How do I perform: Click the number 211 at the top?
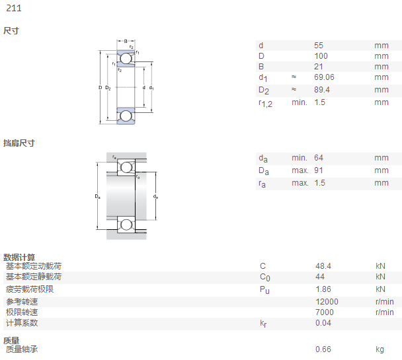14,8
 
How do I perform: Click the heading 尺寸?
11,31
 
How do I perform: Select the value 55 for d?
319,46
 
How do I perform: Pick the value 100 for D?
321,56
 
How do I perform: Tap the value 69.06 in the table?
325,77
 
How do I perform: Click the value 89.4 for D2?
322,90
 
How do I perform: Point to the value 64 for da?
319,158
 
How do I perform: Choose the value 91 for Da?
319,170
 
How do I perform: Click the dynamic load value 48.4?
323,266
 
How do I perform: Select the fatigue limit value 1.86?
323,289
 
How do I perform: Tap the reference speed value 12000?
327,302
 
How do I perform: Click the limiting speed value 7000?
325,312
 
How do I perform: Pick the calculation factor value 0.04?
323,323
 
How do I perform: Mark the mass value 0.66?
323,349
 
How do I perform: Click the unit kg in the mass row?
380,349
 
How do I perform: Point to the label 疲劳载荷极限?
30,289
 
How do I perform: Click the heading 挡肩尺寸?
19,143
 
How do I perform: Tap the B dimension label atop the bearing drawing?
126,41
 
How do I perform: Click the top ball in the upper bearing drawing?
126,58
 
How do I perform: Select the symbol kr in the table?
263,324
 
